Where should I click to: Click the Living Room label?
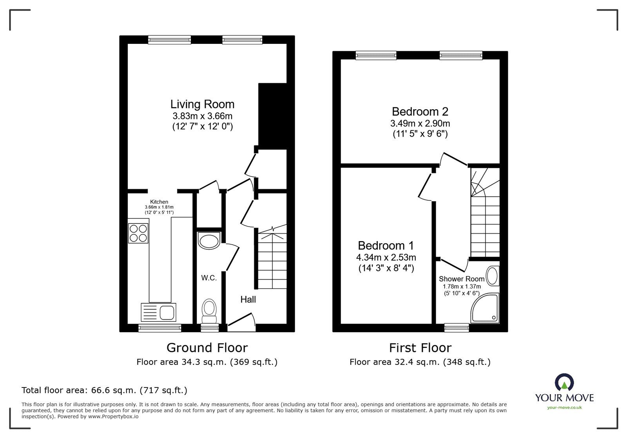click(x=202, y=104)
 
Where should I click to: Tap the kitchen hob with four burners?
click(x=138, y=233)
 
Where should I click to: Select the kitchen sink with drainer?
click(x=158, y=312)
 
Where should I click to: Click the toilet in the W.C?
click(x=209, y=312)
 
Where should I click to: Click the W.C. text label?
click(x=209, y=278)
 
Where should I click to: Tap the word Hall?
click(x=248, y=299)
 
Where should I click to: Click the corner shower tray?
click(x=485, y=308)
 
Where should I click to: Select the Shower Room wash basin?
click(x=492, y=276)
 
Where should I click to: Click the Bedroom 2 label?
click(x=420, y=112)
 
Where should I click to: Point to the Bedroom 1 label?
click(x=386, y=245)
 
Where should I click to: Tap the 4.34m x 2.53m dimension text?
click(x=386, y=257)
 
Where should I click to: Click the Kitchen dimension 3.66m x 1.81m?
click(x=159, y=207)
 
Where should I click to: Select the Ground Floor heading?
click(x=207, y=348)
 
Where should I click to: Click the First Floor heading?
click(x=420, y=348)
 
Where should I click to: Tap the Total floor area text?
click(x=104, y=390)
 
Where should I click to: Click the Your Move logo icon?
click(x=564, y=382)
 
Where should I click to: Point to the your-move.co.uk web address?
click(x=564, y=407)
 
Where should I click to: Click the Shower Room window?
click(x=457, y=328)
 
